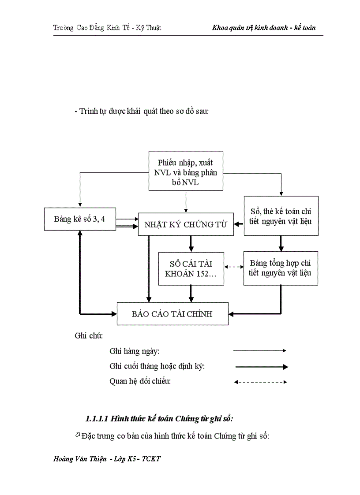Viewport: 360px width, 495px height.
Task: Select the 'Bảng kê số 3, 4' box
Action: point(80,219)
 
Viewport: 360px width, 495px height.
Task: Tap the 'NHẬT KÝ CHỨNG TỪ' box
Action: point(186,225)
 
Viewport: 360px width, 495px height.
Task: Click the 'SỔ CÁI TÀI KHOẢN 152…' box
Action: point(191,268)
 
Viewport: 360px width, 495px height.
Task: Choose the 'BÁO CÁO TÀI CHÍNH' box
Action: point(172,314)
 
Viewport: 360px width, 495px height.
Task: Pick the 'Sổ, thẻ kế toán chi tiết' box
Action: point(281,216)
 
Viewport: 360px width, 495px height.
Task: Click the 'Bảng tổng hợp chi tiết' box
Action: point(281,268)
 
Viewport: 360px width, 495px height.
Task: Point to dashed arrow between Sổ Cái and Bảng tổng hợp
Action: point(234,267)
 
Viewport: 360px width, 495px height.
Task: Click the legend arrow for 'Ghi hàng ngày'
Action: point(260,350)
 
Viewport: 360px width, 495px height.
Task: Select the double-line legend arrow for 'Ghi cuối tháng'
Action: point(261,366)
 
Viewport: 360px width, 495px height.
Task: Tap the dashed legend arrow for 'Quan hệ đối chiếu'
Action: point(260,382)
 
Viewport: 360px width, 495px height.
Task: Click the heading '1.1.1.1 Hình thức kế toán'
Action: point(162,418)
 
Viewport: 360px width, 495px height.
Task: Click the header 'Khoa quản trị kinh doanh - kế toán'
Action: point(264,28)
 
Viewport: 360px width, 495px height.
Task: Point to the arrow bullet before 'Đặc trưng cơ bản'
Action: point(78,435)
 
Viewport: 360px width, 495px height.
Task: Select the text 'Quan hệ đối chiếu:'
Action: point(140,382)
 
